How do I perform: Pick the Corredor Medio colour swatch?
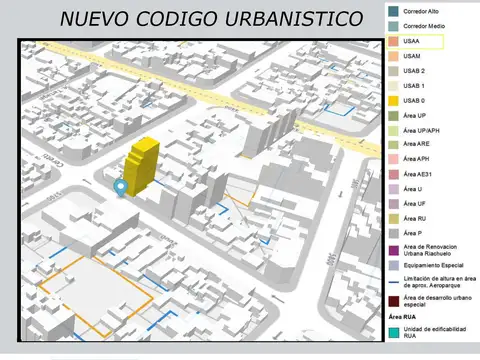pos(392,26)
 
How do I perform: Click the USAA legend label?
pos(412,41)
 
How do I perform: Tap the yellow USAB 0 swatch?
pos(392,101)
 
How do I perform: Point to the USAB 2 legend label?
pos(414,71)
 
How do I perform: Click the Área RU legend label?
pos(415,218)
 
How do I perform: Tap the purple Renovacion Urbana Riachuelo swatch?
pos(392,250)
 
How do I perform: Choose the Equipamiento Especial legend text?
pos(434,266)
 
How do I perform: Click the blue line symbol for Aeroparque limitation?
pos(392,282)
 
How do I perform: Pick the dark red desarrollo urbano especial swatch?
pos(392,300)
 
